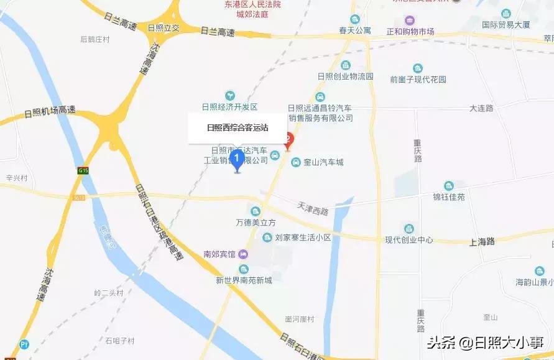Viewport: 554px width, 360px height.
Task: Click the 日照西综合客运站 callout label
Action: point(238,128)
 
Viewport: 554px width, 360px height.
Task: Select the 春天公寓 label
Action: point(355,30)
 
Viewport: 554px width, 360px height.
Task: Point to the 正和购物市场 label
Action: point(410,31)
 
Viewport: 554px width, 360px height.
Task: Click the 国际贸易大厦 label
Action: point(506,25)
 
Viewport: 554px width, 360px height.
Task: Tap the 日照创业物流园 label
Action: point(344,76)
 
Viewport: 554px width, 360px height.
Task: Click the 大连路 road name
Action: point(481,108)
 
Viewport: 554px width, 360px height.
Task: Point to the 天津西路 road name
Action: point(312,211)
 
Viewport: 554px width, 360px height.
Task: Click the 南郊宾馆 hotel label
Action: point(219,254)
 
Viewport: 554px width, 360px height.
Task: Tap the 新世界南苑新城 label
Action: point(244,280)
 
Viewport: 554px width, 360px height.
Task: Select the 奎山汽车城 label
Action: point(323,162)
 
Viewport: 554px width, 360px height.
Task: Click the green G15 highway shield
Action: point(83,170)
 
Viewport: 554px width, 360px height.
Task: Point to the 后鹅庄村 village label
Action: point(95,39)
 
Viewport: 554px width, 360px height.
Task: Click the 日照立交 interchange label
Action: point(164,28)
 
